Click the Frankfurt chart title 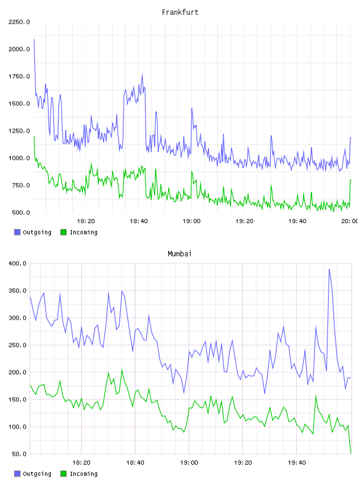pyautogui.click(x=180, y=12)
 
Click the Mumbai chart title pyautogui.click(x=179, y=253)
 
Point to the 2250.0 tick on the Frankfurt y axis pyautogui.click(x=19, y=22)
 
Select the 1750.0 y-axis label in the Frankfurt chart pyautogui.click(x=19, y=76)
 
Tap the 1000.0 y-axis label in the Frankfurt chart pyautogui.click(x=19, y=158)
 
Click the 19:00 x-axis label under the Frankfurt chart pyautogui.click(x=191, y=221)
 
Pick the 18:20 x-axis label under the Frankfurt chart pyautogui.click(x=86, y=221)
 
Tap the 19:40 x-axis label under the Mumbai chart pyautogui.click(x=297, y=462)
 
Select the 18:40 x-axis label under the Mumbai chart pyautogui.click(x=136, y=462)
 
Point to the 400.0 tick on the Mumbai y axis pyautogui.click(x=18, y=263)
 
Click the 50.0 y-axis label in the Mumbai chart pyautogui.click(x=19, y=454)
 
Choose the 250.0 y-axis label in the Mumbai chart pyautogui.click(x=18, y=345)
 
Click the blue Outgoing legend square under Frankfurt pyautogui.click(x=17, y=232)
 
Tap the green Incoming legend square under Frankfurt pyautogui.click(x=63, y=232)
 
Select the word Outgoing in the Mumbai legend pyautogui.click(x=37, y=474)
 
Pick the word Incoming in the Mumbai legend pyautogui.click(x=83, y=474)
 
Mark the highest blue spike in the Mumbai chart pyautogui.click(x=329, y=269)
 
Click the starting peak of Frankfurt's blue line pyautogui.click(x=34, y=39)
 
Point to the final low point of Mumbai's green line pyautogui.click(x=351, y=453)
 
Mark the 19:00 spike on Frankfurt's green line pyautogui.click(x=192, y=172)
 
